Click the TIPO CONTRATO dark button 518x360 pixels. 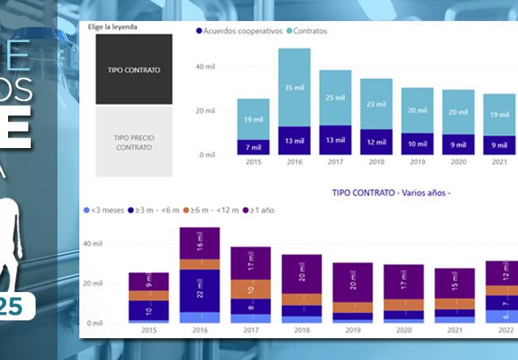point(134,70)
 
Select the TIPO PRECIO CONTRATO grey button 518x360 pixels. point(134,142)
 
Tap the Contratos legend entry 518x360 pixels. point(309,32)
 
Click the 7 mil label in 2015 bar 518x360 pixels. point(253,147)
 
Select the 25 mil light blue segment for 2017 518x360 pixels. point(335,98)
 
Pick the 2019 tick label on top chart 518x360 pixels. point(417,163)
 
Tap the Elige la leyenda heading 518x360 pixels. point(113,26)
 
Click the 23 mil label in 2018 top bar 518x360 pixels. point(376,104)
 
